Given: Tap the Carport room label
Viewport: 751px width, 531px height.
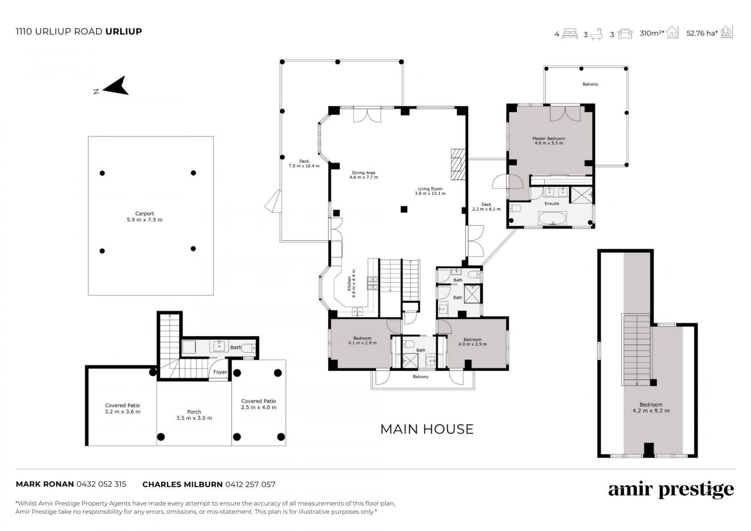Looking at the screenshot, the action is coord(145,217).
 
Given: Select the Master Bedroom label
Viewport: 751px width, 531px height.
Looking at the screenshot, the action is coord(549,141).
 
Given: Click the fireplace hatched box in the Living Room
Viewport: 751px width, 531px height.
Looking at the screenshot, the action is coord(456,164).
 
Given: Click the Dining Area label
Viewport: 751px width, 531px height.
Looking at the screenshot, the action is coord(364,175).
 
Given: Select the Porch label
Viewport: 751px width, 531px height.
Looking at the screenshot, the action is coord(194,415).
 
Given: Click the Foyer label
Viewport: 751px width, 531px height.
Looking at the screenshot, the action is coord(220,372).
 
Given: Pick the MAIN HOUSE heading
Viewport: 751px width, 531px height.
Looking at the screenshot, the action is coord(427,429).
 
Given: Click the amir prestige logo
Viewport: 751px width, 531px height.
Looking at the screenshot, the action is coord(671,490).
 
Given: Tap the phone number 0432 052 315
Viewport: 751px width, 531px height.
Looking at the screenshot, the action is coord(101,484).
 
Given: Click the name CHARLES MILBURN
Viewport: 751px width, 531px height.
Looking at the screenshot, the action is coord(183,484).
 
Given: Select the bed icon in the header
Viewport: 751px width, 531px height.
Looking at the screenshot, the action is coord(570,34).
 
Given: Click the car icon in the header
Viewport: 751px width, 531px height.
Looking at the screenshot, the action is coord(625,34).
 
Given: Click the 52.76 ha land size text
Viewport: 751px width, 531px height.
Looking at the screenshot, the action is coord(702,33).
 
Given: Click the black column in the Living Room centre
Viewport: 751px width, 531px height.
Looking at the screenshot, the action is coord(404,209).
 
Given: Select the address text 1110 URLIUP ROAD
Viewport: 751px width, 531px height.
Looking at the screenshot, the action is coord(59,31).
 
